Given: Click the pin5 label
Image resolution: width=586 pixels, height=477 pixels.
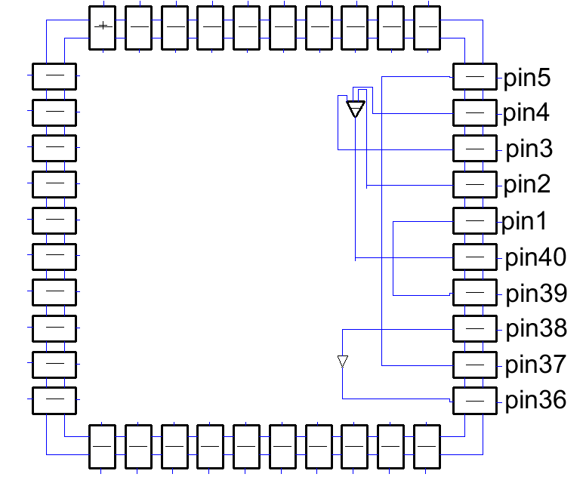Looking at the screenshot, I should coord(528,78).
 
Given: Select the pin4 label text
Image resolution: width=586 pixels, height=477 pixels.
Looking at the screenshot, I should coord(527,113).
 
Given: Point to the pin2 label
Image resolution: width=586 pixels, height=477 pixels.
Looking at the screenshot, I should coord(527,183).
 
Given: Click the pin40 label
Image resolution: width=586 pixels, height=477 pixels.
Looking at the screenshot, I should coord(535,257).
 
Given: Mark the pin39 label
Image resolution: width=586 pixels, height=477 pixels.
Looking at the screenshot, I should coord(535,293).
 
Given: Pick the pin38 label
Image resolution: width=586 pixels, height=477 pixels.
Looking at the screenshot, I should coord(535,328).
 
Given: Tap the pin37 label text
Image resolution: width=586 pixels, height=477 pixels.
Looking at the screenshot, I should coord(535,365).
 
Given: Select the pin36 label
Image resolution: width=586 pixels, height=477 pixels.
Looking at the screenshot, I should coord(535,400).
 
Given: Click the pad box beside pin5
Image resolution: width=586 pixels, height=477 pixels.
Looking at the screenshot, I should coord(474,77).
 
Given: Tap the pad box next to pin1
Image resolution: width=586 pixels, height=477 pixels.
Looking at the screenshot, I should coord(474,220).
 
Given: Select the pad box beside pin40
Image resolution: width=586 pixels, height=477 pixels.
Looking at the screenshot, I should coord(474,257).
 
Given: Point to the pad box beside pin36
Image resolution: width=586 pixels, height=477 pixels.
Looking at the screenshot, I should coord(474,400).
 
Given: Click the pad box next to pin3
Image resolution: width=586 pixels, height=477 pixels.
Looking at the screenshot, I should coord(474,149).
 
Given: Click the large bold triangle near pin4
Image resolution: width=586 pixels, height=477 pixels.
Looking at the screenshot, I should coord(355,109).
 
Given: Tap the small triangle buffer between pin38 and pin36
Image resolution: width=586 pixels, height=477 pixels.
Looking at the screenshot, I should coord(343,362).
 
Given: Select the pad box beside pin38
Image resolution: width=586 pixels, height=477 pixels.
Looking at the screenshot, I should coord(474,328).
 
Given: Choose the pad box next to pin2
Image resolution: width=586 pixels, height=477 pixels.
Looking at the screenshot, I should coord(474,184).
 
